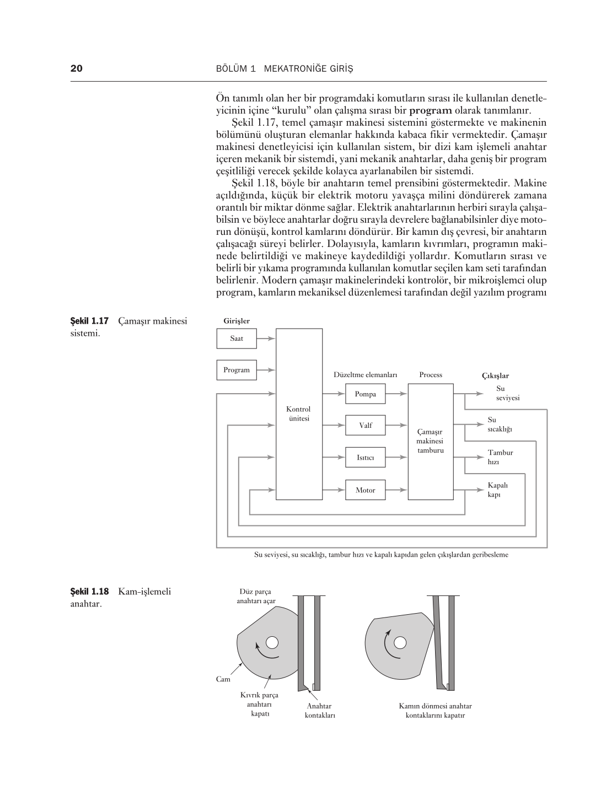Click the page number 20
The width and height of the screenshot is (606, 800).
pyautogui.click(x=77, y=69)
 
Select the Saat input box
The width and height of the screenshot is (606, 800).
pyautogui.click(x=237, y=339)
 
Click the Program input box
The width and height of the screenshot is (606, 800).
pyautogui.click(x=237, y=370)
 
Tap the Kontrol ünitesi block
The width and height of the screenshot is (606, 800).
pyautogui.click(x=299, y=414)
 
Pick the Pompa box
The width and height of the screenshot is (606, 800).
pyautogui.click(x=365, y=394)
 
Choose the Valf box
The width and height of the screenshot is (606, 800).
pyautogui.click(x=365, y=425)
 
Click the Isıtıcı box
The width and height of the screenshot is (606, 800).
pyautogui.click(x=365, y=457)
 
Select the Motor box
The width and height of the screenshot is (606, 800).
pyautogui.click(x=365, y=490)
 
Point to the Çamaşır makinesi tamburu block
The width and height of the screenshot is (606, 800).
pyautogui.click(x=430, y=441)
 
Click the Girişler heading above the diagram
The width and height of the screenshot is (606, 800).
pyautogui.click(x=237, y=321)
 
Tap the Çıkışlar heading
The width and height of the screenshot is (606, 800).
pyautogui.click(x=495, y=376)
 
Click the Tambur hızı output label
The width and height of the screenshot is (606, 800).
pyautogui.click(x=500, y=457)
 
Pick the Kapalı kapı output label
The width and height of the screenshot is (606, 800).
pyautogui.click(x=497, y=490)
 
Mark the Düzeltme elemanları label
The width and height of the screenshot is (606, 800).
pyautogui.click(x=365, y=375)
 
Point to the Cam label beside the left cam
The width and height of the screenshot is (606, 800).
pyautogui.click(x=223, y=679)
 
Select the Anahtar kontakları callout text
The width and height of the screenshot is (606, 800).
pyautogui.click(x=320, y=711)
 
